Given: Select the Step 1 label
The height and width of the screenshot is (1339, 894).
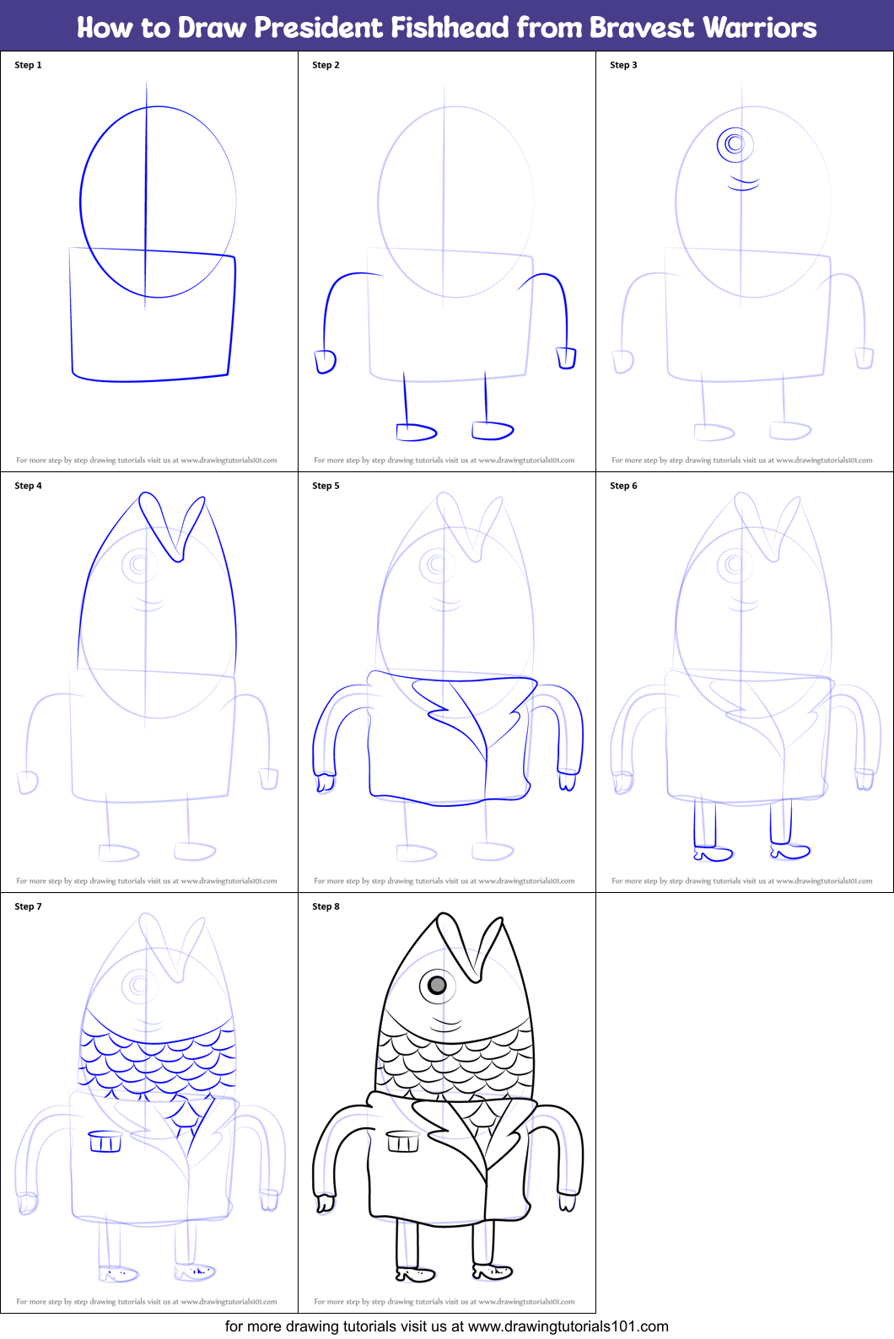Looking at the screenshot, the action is pyautogui.click(x=28, y=65).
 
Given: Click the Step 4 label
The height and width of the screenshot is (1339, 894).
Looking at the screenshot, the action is pyautogui.click(x=28, y=486).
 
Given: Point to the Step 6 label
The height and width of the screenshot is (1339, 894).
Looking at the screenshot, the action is pyautogui.click(x=624, y=486).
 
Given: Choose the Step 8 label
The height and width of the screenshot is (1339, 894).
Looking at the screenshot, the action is pyautogui.click(x=326, y=906).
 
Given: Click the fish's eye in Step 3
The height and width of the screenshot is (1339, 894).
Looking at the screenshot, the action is pyautogui.click(x=735, y=144).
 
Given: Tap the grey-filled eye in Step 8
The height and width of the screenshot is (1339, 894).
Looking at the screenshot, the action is pyautogui.click(x=437, y=985).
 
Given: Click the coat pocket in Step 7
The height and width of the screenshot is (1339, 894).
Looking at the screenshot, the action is pyautogui.click(x=105, y=1141).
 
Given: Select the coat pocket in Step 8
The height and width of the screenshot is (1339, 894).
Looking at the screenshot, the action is pyautogui.click(x=402, y=1141).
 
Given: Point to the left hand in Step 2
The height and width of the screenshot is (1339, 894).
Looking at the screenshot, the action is pyautogui.click(x=325, y=362).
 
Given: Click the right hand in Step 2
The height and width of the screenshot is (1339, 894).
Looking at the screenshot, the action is pyautogui.click(x=566, y=358).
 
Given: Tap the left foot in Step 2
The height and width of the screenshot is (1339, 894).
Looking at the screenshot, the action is pyautogui.click(x=416, y=432).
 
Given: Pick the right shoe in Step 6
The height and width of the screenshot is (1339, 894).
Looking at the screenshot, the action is pyautogui.click(x=790, y=851).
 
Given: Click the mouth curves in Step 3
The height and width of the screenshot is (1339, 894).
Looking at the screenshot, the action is pyautogui.click(x=743, y=182).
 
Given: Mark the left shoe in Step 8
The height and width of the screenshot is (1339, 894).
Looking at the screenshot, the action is pyautogui.click(x=415, y=1274).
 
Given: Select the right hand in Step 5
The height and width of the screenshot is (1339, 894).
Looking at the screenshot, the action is pyautogui.click(x=567, y=781).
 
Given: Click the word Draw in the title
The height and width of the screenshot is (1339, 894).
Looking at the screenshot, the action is pyautogui.click(x=212, y=28).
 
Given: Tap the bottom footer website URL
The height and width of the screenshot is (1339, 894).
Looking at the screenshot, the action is pyautogui.click(x=568, y=1326).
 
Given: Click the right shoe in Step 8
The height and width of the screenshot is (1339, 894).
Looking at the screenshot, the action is pyautogui.click(x=493, y=1272).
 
